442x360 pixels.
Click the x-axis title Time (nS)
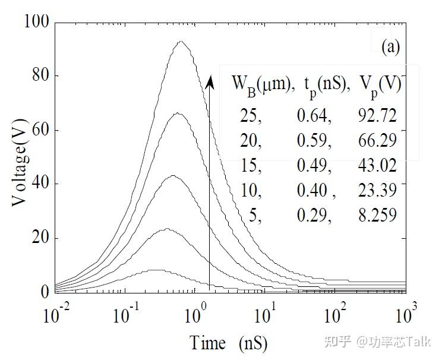click(228, 343)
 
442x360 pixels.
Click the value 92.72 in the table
click(375, 115)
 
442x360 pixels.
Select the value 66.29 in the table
click(375, 141)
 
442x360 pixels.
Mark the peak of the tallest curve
click(180, 41)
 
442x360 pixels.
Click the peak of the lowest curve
click(156, 270)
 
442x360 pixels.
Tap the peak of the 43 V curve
click(173, 175)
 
